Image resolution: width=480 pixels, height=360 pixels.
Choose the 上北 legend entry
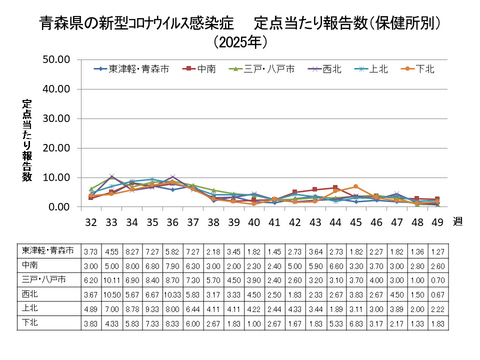pos(374,69)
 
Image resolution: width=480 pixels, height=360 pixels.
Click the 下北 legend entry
pos(424,69)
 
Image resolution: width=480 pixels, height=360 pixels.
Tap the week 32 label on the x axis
pos(91,222)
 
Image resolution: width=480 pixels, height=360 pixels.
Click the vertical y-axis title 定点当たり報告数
pos(27,140)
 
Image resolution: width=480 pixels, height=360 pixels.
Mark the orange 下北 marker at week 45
pos(356,187)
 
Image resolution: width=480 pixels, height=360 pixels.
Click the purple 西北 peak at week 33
pos(111,176)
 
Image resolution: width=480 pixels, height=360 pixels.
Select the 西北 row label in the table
pos(29,297)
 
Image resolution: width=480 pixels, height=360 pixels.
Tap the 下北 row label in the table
pos(29,325)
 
